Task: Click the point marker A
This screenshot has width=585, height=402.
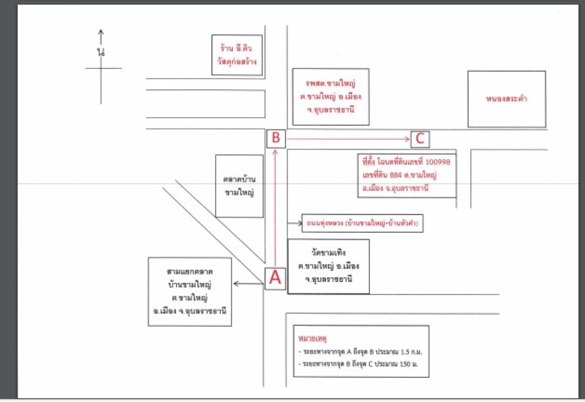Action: [275, 277]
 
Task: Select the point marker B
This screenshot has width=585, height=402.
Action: [276, 138]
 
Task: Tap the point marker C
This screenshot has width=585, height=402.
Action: [420, 139]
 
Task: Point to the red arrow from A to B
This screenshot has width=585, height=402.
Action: [275, 206]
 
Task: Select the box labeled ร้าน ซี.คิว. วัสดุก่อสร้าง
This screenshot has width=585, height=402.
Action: [237, 55]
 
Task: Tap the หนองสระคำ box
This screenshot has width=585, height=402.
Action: [507, 99]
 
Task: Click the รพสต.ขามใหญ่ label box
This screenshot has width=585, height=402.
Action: [330, 96]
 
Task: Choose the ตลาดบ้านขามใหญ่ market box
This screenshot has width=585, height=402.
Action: [239, 186]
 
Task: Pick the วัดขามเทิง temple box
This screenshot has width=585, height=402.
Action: [328, 266]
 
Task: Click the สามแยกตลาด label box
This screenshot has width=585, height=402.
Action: [190, 291]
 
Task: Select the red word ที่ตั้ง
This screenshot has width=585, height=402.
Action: [370, 163]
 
